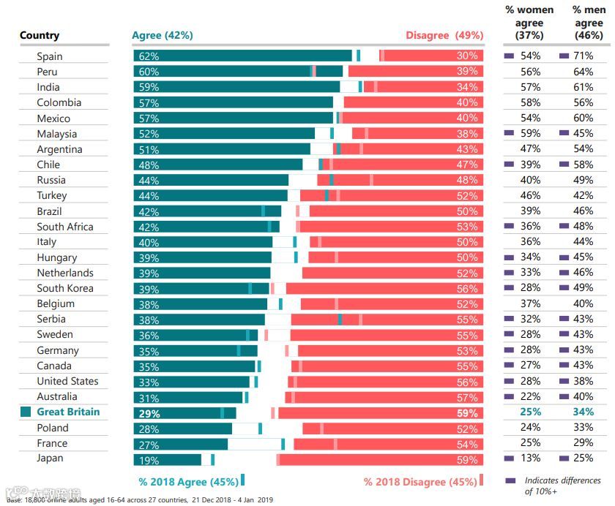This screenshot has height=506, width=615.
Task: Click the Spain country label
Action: (x=50, y=56)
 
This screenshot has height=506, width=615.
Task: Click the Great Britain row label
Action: (x=68, y=412)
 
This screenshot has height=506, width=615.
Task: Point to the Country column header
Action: (x=40, y=36)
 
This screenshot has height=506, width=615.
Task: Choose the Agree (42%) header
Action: (x=162, y=36)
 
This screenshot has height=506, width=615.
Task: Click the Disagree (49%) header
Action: (x=444, y=36)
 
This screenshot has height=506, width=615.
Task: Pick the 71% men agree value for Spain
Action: (x=583, y=56)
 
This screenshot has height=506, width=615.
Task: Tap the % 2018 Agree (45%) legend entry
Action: (x=188, y=482)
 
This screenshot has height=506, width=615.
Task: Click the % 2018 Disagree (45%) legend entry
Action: (x=420, y=482)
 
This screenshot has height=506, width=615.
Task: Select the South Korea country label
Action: (x=65, y=289)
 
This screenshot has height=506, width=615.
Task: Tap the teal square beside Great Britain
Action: (x=26, y=412)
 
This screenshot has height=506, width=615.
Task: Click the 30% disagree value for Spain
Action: (x=467, y=56)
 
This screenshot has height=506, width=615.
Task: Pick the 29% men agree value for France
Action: (x=583, y=443)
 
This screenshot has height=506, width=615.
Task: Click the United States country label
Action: (x=67, y=382)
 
